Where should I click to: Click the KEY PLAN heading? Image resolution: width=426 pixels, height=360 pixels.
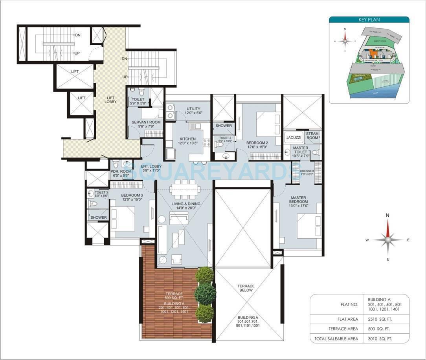pyautogui.click(x=369, y=20)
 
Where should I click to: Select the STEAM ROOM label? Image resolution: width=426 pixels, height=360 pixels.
pyautogui.click(x=312, y=136)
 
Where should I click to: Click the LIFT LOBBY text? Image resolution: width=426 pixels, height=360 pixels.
pyautogui.click(x=110, y=99)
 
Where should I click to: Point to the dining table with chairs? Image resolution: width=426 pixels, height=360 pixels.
pyautogui.click(x=185, y=189)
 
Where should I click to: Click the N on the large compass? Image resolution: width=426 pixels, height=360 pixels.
pyautogui.click(x=387, y=215)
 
